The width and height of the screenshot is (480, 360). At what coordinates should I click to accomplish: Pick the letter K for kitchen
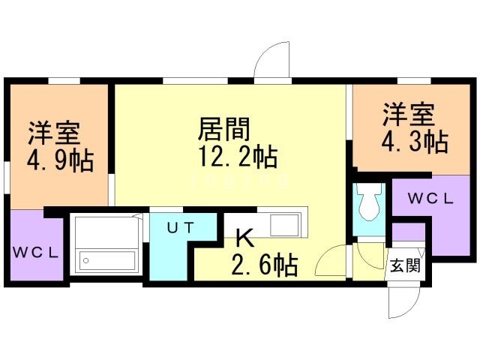tap(244, 238)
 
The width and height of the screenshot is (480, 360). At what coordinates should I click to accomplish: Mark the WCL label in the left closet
tap(35, 252)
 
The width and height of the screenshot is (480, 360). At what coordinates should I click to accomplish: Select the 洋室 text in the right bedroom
tap(409, 115)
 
